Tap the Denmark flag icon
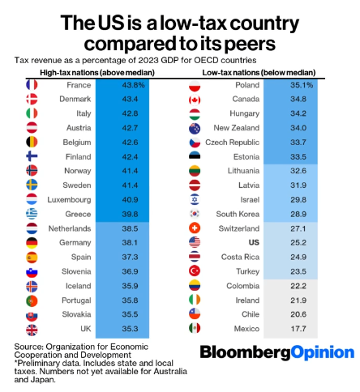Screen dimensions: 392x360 32,99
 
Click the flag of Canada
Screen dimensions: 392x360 195,99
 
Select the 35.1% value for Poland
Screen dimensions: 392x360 303,84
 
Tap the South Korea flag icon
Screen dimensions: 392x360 195,213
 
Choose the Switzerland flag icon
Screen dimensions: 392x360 195,228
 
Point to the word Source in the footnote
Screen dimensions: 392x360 28,347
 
